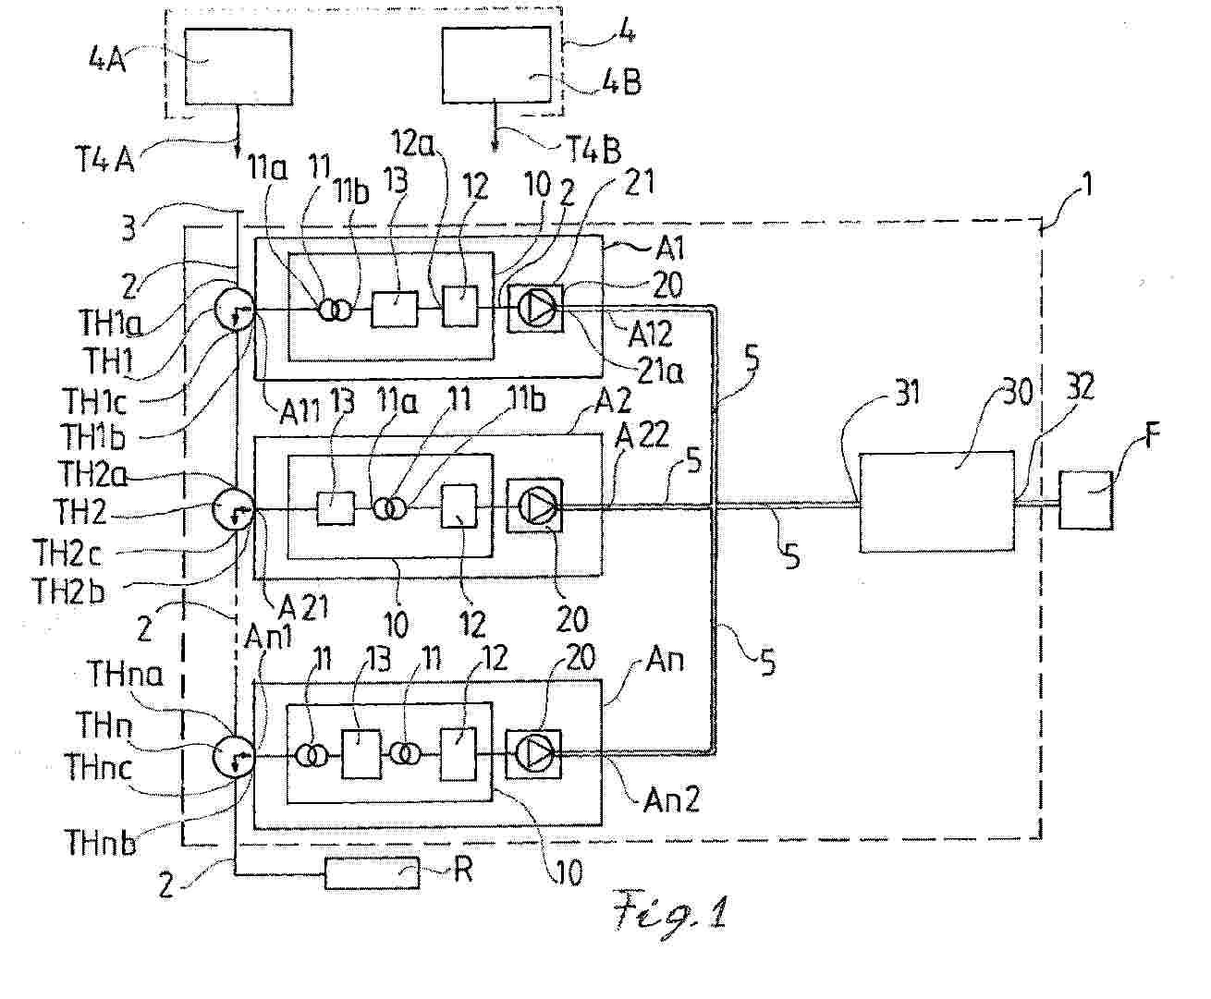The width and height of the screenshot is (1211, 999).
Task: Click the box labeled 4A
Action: [x=239, y=66]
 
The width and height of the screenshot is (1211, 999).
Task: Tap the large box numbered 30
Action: [x=936, y=502]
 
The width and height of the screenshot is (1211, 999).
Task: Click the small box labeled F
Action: [x=1086, y=500]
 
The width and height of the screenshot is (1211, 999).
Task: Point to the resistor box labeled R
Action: [x=371, y=872]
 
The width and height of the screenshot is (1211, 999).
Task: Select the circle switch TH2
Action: [x=234, y=508]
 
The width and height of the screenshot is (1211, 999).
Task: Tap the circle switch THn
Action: [x=232, y=756]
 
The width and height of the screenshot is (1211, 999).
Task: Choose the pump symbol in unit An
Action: [x=533, y=754]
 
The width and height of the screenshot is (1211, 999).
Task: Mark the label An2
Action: [x=672, y=798]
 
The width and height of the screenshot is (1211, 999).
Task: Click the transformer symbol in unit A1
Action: [x=336, y=310]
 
